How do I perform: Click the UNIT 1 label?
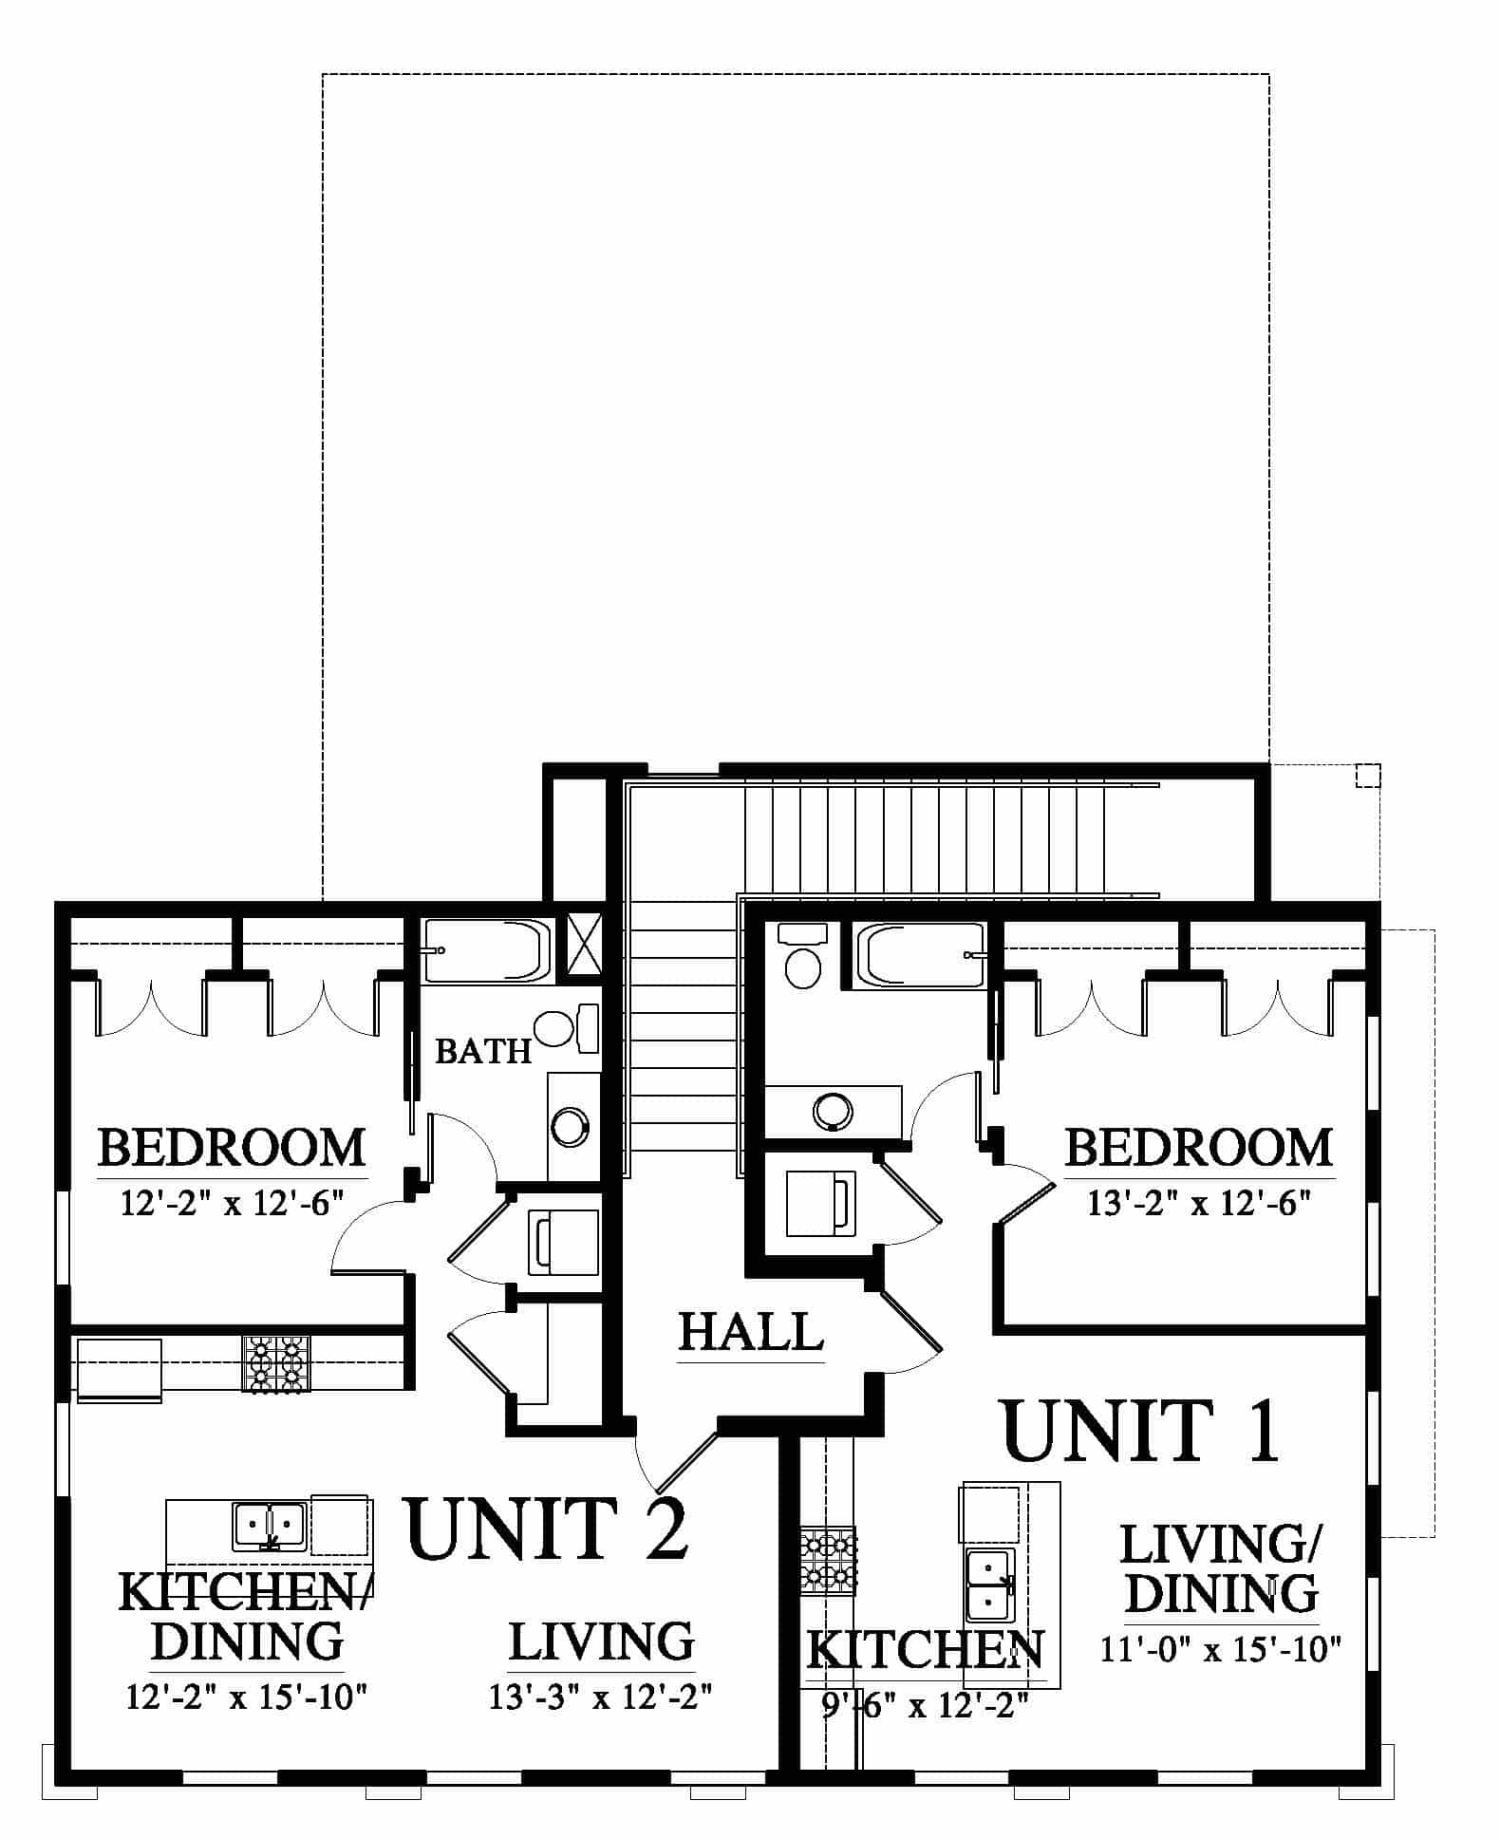pos(1142,1431)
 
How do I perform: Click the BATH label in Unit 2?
pos(483,1051)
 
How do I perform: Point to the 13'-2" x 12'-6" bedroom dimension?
pos(1199,1204)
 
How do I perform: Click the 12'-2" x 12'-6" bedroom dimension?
pos(231,1204)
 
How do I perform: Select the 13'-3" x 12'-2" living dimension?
pos(601,1696)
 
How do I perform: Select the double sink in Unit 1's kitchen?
pos(991,1584)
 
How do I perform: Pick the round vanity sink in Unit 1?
pos(833,1110)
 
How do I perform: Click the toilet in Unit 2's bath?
pos(566,1029)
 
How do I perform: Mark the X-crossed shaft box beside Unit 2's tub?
pos(585,944)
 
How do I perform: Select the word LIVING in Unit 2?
pos(601,1642)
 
